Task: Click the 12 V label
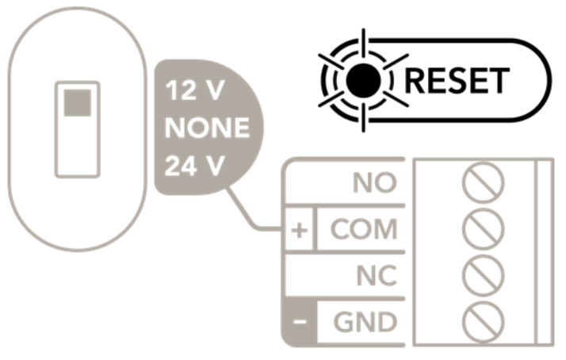point(195,90)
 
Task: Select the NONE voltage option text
point(207,128)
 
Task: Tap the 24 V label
point(195,166)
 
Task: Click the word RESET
point(457,81)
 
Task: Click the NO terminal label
point(375,182)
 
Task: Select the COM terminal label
point(364,229)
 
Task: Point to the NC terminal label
point(377,276)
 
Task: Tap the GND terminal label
point(365,322)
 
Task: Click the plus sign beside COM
point(299,231)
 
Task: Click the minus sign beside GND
point(300,321)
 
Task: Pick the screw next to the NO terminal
point(483,182)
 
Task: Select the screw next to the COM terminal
point(483,229)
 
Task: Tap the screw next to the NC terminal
point(483,276)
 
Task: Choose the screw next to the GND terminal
point(483,322)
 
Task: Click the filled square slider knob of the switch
point(78,103)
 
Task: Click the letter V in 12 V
point(214,90)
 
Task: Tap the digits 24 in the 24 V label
point(181,166)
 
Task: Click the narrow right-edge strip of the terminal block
point(545,252)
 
